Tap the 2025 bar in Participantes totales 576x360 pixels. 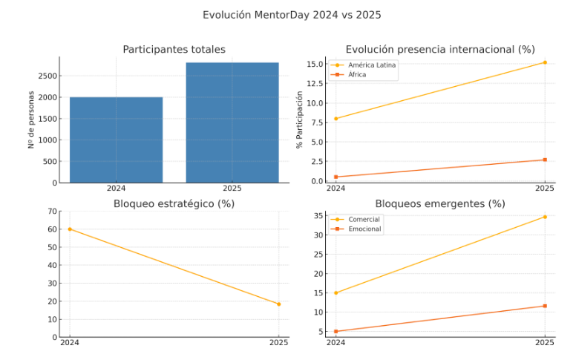[x=232, y=122]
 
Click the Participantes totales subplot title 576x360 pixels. [x=174, y=50]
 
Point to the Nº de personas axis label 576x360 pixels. [x=31, y=120]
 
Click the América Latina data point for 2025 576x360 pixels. [x=545, y=62]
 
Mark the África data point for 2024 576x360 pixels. [x=336, y=177]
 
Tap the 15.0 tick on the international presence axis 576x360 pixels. [x=315, y=64]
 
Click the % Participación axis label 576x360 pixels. [x=300, y=120]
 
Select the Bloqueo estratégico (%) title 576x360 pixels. [x=174, y=203]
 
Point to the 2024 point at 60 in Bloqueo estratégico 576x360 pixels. [x=70, y=229]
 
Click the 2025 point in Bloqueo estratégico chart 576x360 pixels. [x=278, y=304]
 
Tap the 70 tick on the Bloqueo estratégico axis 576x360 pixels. [x=52, y=212]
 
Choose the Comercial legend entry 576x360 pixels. [x=364, y=220]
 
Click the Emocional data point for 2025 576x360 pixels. [x=545, y=306]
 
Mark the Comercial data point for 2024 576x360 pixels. [x=336, y=292]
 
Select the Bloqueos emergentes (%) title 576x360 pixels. [x=440, y=203]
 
